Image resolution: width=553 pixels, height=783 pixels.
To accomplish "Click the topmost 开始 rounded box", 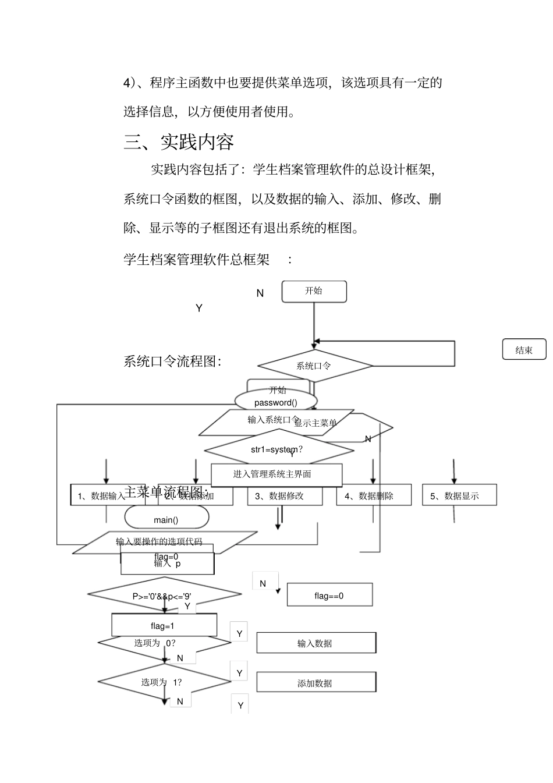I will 314,291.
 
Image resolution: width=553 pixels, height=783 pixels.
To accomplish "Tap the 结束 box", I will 524,349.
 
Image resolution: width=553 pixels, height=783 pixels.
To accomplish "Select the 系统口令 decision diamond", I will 314,366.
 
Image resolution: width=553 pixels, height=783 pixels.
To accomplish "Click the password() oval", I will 275,402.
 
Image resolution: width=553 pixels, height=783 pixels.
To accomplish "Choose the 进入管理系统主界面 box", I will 276,474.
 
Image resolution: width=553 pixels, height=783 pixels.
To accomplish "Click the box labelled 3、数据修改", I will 285,495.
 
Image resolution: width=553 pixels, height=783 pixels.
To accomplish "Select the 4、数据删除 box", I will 374,495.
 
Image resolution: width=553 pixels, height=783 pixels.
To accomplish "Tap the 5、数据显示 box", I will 459,495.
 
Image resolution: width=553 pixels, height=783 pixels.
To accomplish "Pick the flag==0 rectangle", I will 329,595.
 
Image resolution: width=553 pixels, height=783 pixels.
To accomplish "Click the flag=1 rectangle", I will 164,625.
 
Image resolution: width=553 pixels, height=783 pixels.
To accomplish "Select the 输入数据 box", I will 316,643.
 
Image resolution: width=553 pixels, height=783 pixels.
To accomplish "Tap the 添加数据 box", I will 316,682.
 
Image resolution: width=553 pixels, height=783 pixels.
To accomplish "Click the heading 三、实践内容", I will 179,142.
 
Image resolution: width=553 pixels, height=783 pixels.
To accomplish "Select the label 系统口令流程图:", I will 172,361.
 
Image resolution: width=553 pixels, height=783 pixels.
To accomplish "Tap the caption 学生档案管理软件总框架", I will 197,259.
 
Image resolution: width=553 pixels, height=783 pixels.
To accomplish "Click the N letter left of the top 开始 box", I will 260,293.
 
